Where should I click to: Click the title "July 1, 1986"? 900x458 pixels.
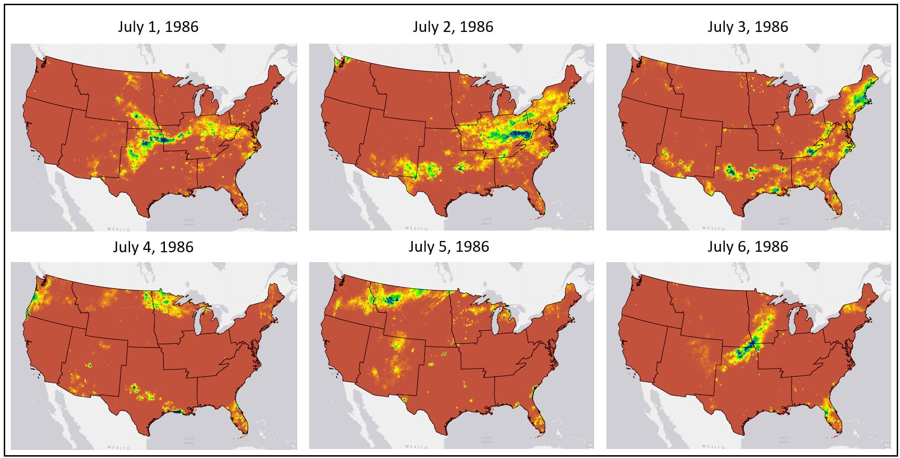pyautogui.click(x=158, y=27)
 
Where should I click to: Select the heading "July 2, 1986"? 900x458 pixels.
pyautogui.click(x=453, y=27)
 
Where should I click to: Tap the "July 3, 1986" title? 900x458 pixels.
pyautogui.click(x=748, y=27)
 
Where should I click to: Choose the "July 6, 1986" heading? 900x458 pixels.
pyautogui.click(x=748, y=247)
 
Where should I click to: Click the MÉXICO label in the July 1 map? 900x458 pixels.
pyautogui.click(x=119, y=229)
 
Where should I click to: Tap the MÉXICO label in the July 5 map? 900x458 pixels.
pyautogui.click(x=417, y=447)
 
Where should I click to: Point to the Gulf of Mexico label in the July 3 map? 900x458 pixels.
pyautogui.click(x=784, y=220)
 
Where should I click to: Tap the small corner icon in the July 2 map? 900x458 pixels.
pyautogui.click(x=590, y=227)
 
